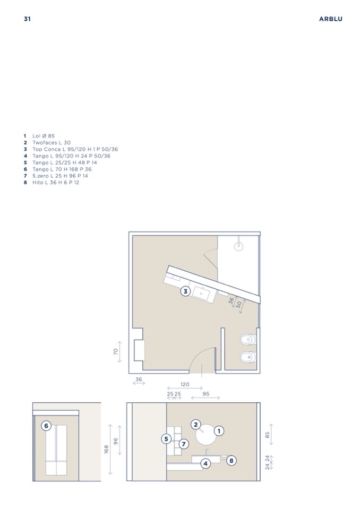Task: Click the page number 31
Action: click(27, 19)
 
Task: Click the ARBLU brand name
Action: click(330, 19)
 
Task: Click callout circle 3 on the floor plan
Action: click(185, 291)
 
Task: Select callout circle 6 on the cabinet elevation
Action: click(46, 426)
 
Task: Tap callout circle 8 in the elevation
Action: click(231, 460)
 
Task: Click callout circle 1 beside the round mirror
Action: click(219, 431)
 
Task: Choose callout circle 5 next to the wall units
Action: click(166, 439)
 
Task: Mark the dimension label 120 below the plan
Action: click(185, 384)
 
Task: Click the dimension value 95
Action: click(206, 394)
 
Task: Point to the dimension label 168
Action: click(107, 449)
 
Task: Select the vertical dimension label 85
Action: click(268, 434)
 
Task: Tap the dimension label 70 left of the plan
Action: click(116, 351)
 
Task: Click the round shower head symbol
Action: click(238, 246)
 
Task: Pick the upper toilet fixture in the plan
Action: click(248, 340)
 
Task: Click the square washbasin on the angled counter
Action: click(201, 293)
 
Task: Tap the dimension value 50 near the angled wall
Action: click(239, 305)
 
